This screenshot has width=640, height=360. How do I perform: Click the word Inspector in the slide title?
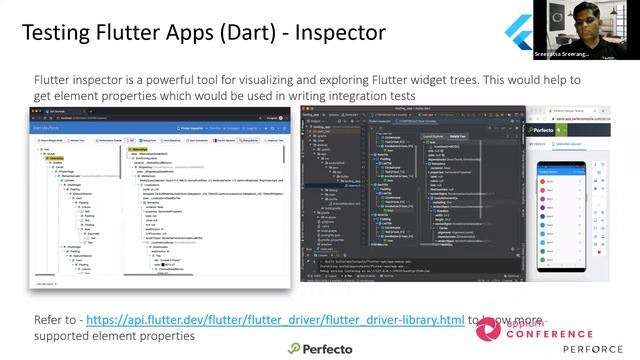(334, 32)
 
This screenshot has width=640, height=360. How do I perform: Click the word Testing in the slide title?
(62, 32)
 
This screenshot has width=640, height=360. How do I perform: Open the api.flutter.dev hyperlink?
(275, 320)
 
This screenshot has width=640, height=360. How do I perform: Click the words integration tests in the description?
(372, 95)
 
